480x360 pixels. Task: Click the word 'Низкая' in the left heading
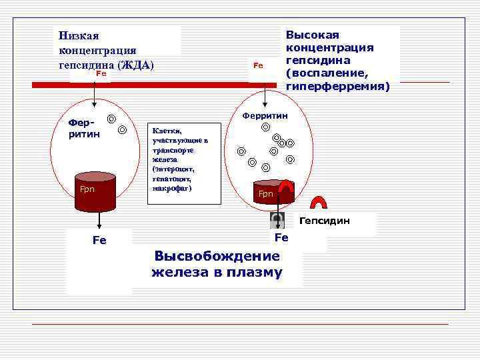click(79, 36)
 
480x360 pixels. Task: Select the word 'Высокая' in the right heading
click(313, 35)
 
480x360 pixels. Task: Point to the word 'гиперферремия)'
click(338, 86)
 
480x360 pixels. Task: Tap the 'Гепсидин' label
click(324, 220)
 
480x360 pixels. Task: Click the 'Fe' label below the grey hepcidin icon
click(281, 238)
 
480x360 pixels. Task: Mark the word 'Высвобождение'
click(217, 257)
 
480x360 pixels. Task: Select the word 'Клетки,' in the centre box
click(167, 131)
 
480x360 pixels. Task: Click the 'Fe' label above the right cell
click(259, 65)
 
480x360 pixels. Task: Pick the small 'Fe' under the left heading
click(101, 74)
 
